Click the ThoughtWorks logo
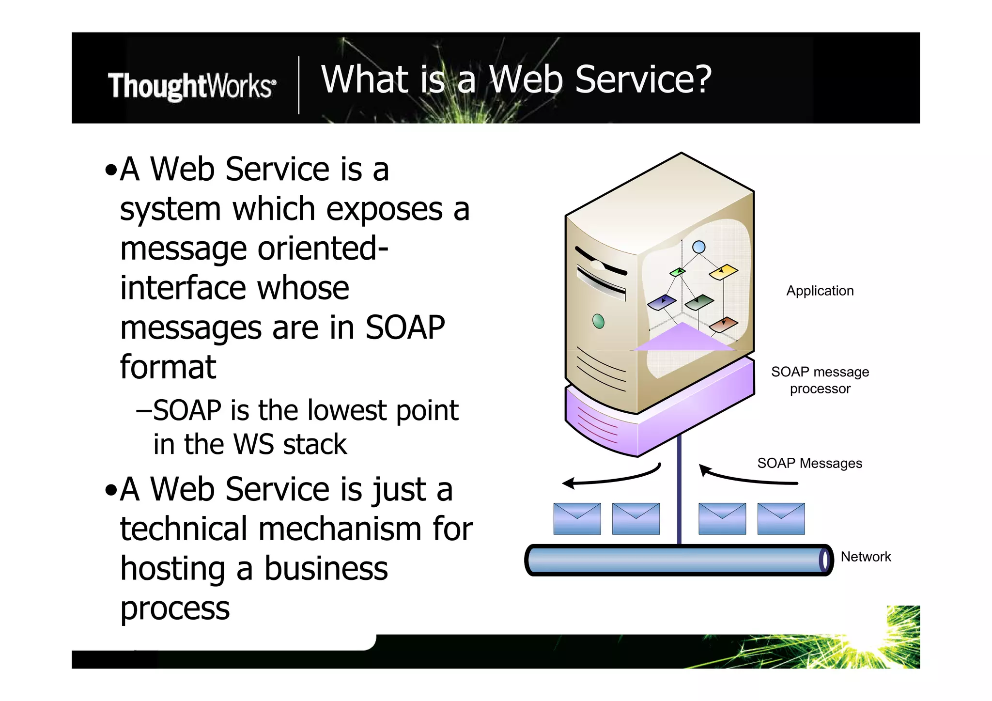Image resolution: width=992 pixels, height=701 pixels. point(192,86)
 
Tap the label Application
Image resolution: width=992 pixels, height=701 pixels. point(820,291)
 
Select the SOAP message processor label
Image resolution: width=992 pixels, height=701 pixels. point(820,380)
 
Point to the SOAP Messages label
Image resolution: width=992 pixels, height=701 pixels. point(809,463)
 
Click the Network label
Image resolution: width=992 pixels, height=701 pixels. point(866,557)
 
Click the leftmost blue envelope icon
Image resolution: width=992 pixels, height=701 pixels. point(577,519)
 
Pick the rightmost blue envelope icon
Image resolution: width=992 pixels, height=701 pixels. point(781,519)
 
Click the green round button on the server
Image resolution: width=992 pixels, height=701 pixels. point(598,321)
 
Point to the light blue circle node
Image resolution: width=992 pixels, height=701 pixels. point(698,248)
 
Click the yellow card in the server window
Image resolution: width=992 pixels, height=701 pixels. point(723,272)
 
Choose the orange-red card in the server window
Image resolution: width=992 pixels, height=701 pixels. point(723,324)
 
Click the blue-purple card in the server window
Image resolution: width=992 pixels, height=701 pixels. point(662,303)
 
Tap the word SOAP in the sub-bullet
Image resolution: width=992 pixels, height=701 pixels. point(187,411)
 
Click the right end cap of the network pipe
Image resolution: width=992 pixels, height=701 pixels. point(825,561)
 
